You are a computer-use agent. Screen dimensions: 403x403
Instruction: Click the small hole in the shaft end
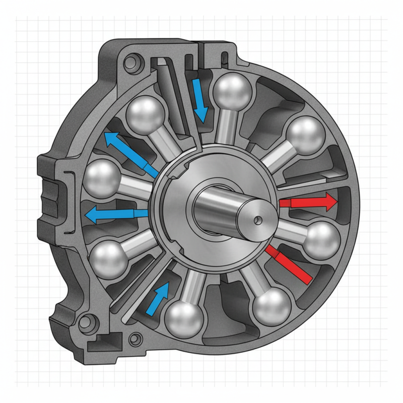(x=257, y=219)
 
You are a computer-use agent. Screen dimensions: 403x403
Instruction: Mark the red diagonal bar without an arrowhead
(x=289, y=263)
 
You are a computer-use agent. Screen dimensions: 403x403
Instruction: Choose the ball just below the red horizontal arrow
(x=322, y=240)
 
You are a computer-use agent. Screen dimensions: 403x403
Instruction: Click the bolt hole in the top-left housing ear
(x=132, y=63)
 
